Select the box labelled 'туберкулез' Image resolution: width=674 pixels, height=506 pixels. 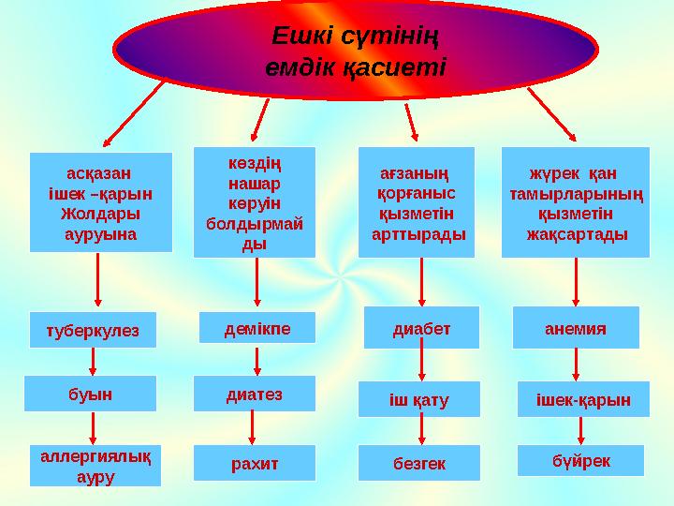click(x=92, y=330)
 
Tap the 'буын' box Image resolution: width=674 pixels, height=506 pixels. click(x=91, y=394)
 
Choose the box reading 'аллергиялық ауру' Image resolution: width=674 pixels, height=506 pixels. click(x=95, y=465)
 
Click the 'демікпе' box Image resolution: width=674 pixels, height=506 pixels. click(x=257, y=328)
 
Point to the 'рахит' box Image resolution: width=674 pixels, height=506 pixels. click(x=254, y=462)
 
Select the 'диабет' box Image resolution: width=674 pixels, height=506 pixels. click(x=421, y=328)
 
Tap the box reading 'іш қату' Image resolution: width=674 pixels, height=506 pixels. click(x=419, y=400)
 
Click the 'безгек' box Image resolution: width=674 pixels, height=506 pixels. click(x=419, y=462)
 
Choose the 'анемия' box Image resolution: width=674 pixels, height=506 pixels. click(x=576, y=328)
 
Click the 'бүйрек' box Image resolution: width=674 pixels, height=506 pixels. click(x=580, y=460)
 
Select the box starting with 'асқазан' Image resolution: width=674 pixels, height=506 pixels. click(x=101, y=202)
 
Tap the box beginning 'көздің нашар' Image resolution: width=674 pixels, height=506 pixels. click(x=254, y=202)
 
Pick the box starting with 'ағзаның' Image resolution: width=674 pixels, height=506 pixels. click(x=417, y=202)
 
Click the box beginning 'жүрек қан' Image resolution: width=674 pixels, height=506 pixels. click(x=576, y=202)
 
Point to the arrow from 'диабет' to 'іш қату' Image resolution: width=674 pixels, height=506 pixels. click(x=422, y=365)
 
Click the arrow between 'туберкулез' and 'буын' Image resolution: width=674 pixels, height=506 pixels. click(x=93, y=361)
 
